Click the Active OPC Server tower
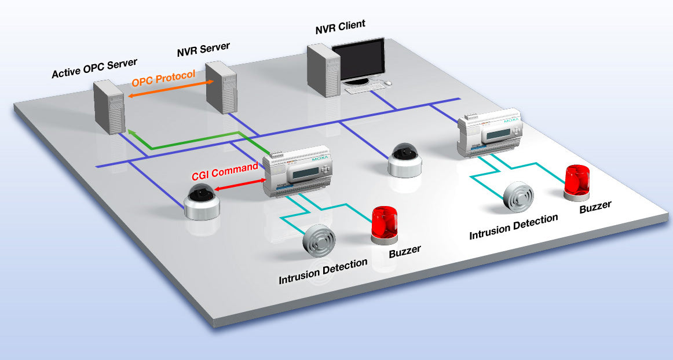pyautogui.click(x=109, y=108)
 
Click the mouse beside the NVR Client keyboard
pyautogui.click(x=388, y=83)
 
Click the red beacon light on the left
pyautogui.click(x=383, y=222)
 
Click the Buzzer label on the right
pyautogui.click(x=595, y=207)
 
